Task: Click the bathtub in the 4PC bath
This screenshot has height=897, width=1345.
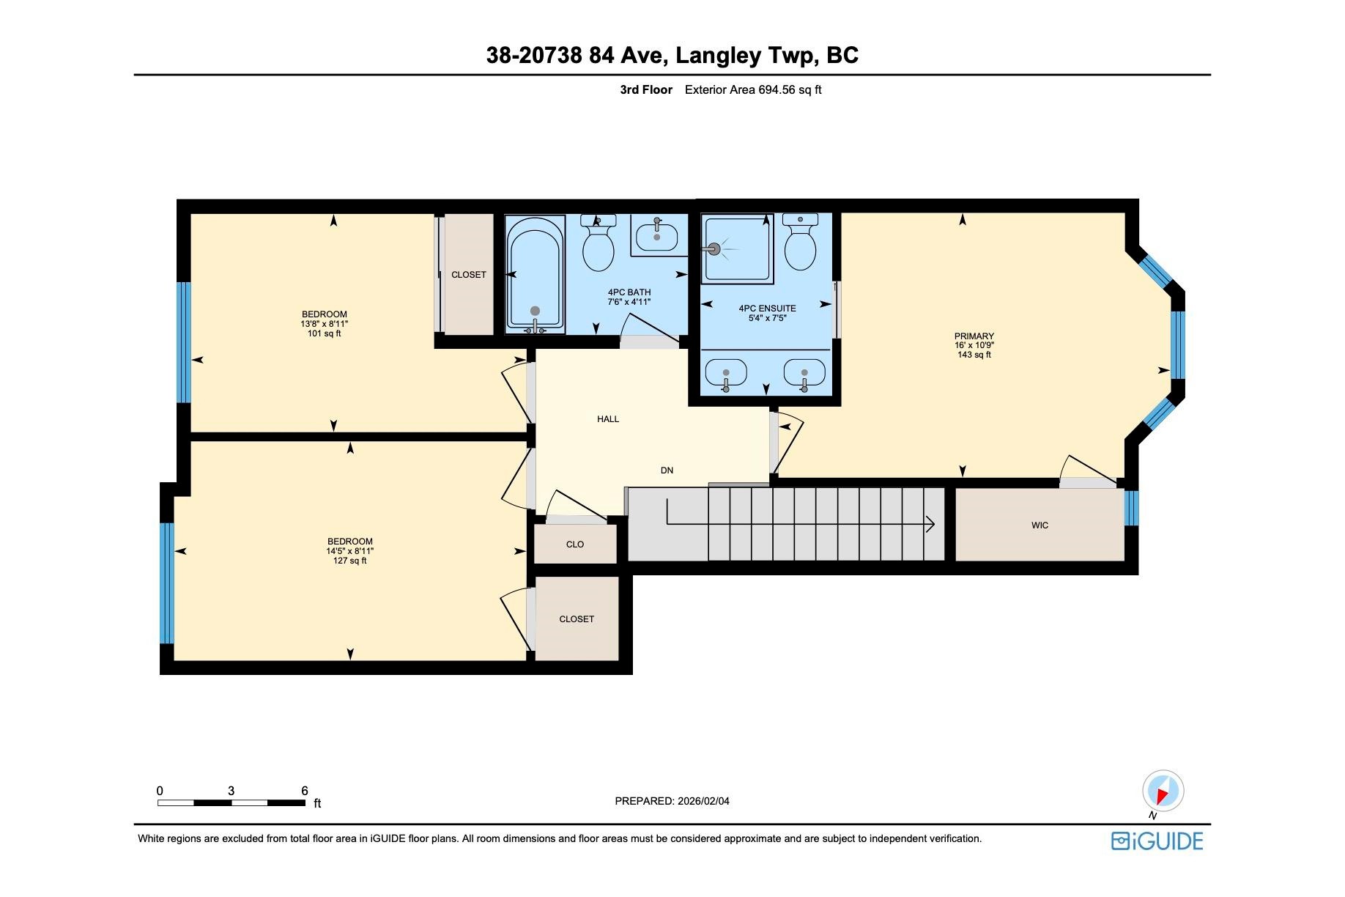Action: [536, 274]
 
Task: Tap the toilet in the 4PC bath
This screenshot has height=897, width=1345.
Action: [598, 243]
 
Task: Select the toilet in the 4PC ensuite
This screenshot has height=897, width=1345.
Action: [800, 242]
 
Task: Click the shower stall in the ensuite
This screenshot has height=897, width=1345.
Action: [736, 248]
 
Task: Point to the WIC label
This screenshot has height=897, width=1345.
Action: [1040, 525]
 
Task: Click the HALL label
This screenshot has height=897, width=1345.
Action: [608, 419]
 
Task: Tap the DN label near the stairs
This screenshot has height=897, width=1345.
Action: [667, 470]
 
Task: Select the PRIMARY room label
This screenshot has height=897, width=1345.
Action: [974, 336]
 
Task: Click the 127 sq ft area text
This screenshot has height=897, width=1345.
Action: [350, 561]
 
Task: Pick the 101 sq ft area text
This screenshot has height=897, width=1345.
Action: [325, 333]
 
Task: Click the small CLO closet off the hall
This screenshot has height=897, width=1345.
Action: [575, 545]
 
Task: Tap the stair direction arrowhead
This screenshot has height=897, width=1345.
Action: [931, 524]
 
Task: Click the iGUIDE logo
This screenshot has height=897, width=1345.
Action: [1157, 841]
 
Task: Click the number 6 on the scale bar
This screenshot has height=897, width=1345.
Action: [305, 791]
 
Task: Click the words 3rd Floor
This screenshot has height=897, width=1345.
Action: [646, 90]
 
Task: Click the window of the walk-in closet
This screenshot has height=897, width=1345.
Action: [1132, 508]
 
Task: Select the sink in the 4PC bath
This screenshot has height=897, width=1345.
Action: [656, 235]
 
